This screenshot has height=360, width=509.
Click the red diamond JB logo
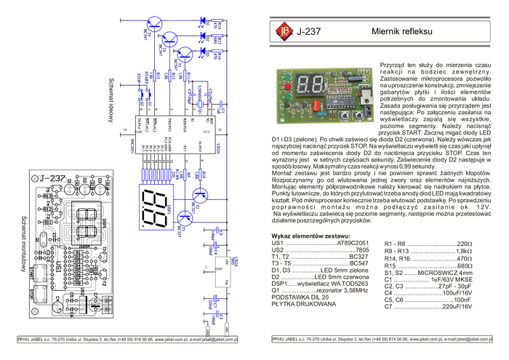click(x=282, y=30)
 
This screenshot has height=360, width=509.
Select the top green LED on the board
click(x=287, y=76)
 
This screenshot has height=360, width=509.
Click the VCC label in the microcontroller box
click(x=207, y=132)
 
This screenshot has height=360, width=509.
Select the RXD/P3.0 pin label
click(x=184, y=124)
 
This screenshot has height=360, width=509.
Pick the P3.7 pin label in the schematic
click(x=185, y=148)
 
